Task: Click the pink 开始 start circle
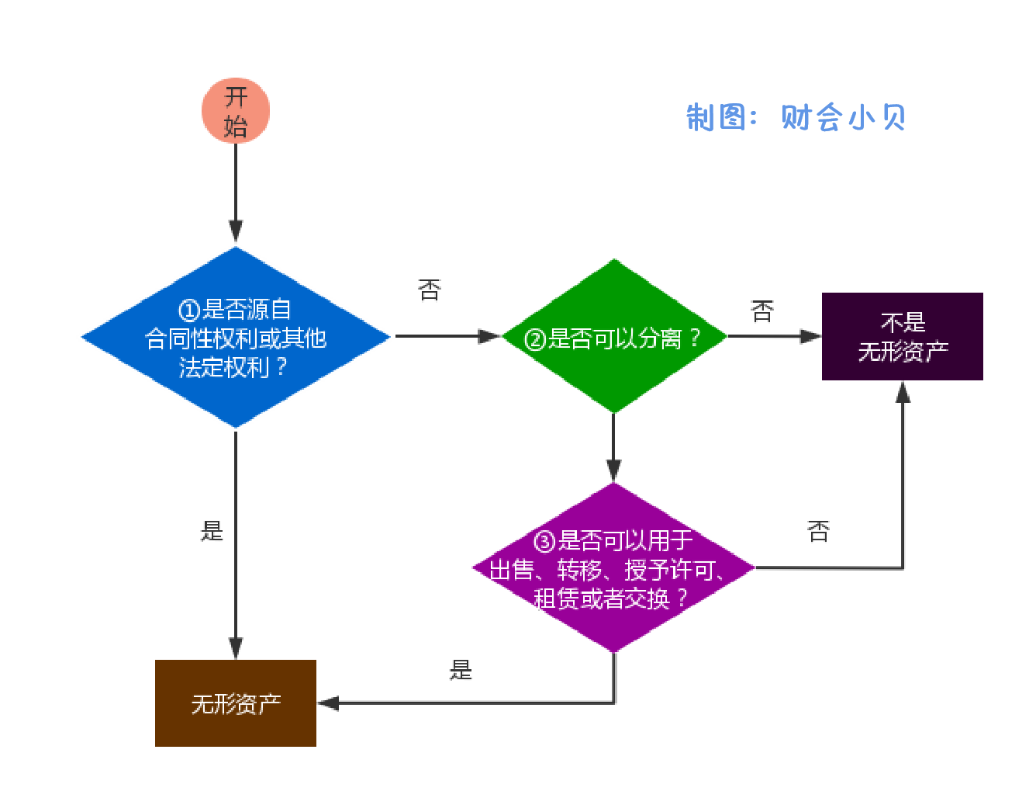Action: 236,110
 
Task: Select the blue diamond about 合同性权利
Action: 236,337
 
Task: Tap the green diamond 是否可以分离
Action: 614,337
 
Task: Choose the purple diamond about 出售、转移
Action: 614,568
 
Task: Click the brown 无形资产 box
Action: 236,703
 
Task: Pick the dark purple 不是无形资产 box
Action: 903,337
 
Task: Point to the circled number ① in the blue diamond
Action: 189,311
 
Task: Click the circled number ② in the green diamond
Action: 535,339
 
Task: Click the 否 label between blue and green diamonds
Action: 430,290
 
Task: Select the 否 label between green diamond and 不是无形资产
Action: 762,312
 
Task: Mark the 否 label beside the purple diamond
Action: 818,532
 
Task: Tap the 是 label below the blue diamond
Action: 212,531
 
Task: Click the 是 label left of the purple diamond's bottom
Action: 461,670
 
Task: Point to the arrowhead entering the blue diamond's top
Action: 236,231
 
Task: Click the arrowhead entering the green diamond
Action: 490,337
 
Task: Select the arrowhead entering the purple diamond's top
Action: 614,470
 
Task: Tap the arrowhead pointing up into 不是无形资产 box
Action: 903,392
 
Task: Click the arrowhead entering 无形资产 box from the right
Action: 329,703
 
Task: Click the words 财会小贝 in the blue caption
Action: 844,118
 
